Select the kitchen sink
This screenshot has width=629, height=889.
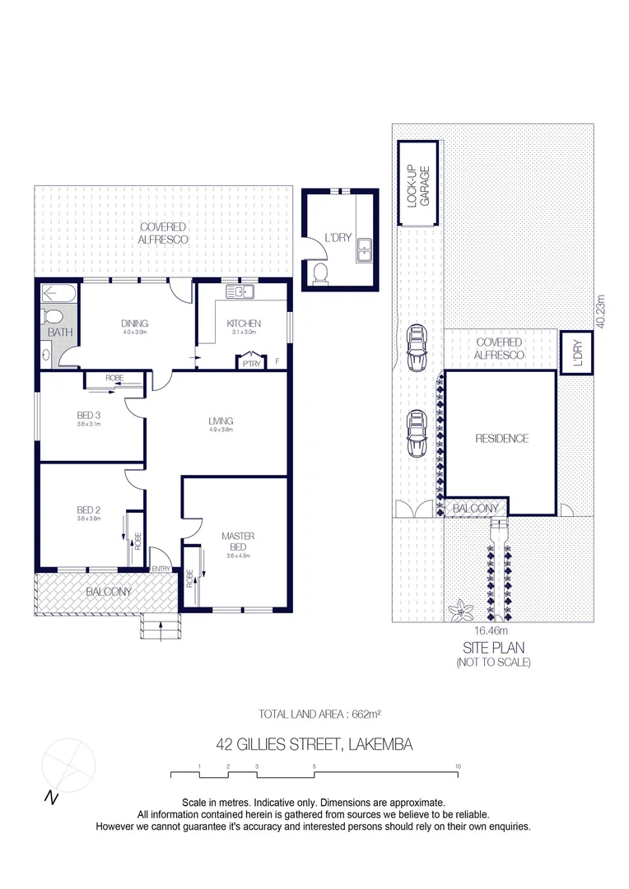coord(241,292)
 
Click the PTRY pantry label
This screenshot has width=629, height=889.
coord(246,361)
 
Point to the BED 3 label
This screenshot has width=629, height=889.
coord(86,415)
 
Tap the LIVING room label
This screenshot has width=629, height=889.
coord(221,421)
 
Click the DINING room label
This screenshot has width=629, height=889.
coord(133,323)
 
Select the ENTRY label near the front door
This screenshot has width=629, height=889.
coord(161,569)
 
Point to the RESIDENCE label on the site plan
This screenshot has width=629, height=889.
coord(501,439)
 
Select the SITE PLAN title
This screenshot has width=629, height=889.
coord(493,648)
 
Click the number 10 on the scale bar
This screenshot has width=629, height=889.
coord(457,766)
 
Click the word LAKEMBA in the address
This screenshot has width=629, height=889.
coord(380,745)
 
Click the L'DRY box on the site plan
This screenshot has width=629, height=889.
coord(577,352)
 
